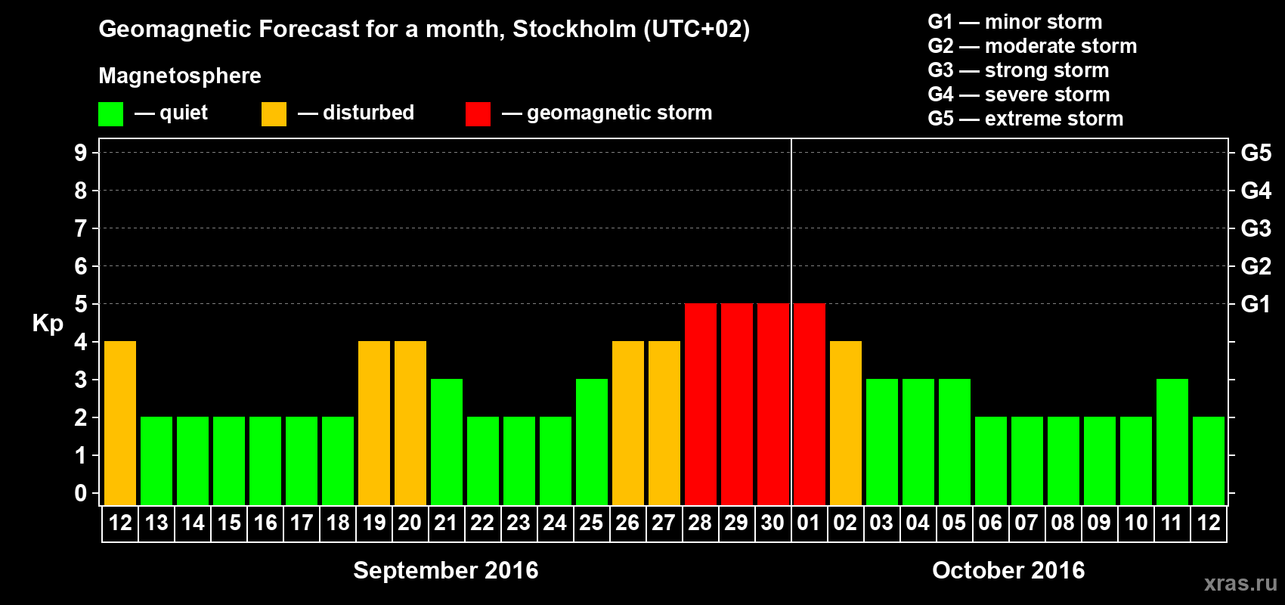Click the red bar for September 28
coord(701,404)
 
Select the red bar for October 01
coord(810,404)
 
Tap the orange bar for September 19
coord(374,423)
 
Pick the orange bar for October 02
coord(846,423)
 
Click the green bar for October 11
coord(1172,442)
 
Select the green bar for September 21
coord(447,442)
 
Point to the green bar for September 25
coord(592,442)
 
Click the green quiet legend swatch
coord(111,114)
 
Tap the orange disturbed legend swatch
coord(274,114)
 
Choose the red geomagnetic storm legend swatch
coord(478,114)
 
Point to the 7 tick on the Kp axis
coord(81,228)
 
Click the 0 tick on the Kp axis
coord(81,493)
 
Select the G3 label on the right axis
coord(1256,228)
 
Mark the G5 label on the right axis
coord(1256,153)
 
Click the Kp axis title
coord(48,324)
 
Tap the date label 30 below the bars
coord(773,523)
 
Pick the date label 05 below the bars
coord(954,523)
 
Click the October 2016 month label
coord(1008,570)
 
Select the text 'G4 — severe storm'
coord(1019,95)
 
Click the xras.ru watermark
coord(1240,583)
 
